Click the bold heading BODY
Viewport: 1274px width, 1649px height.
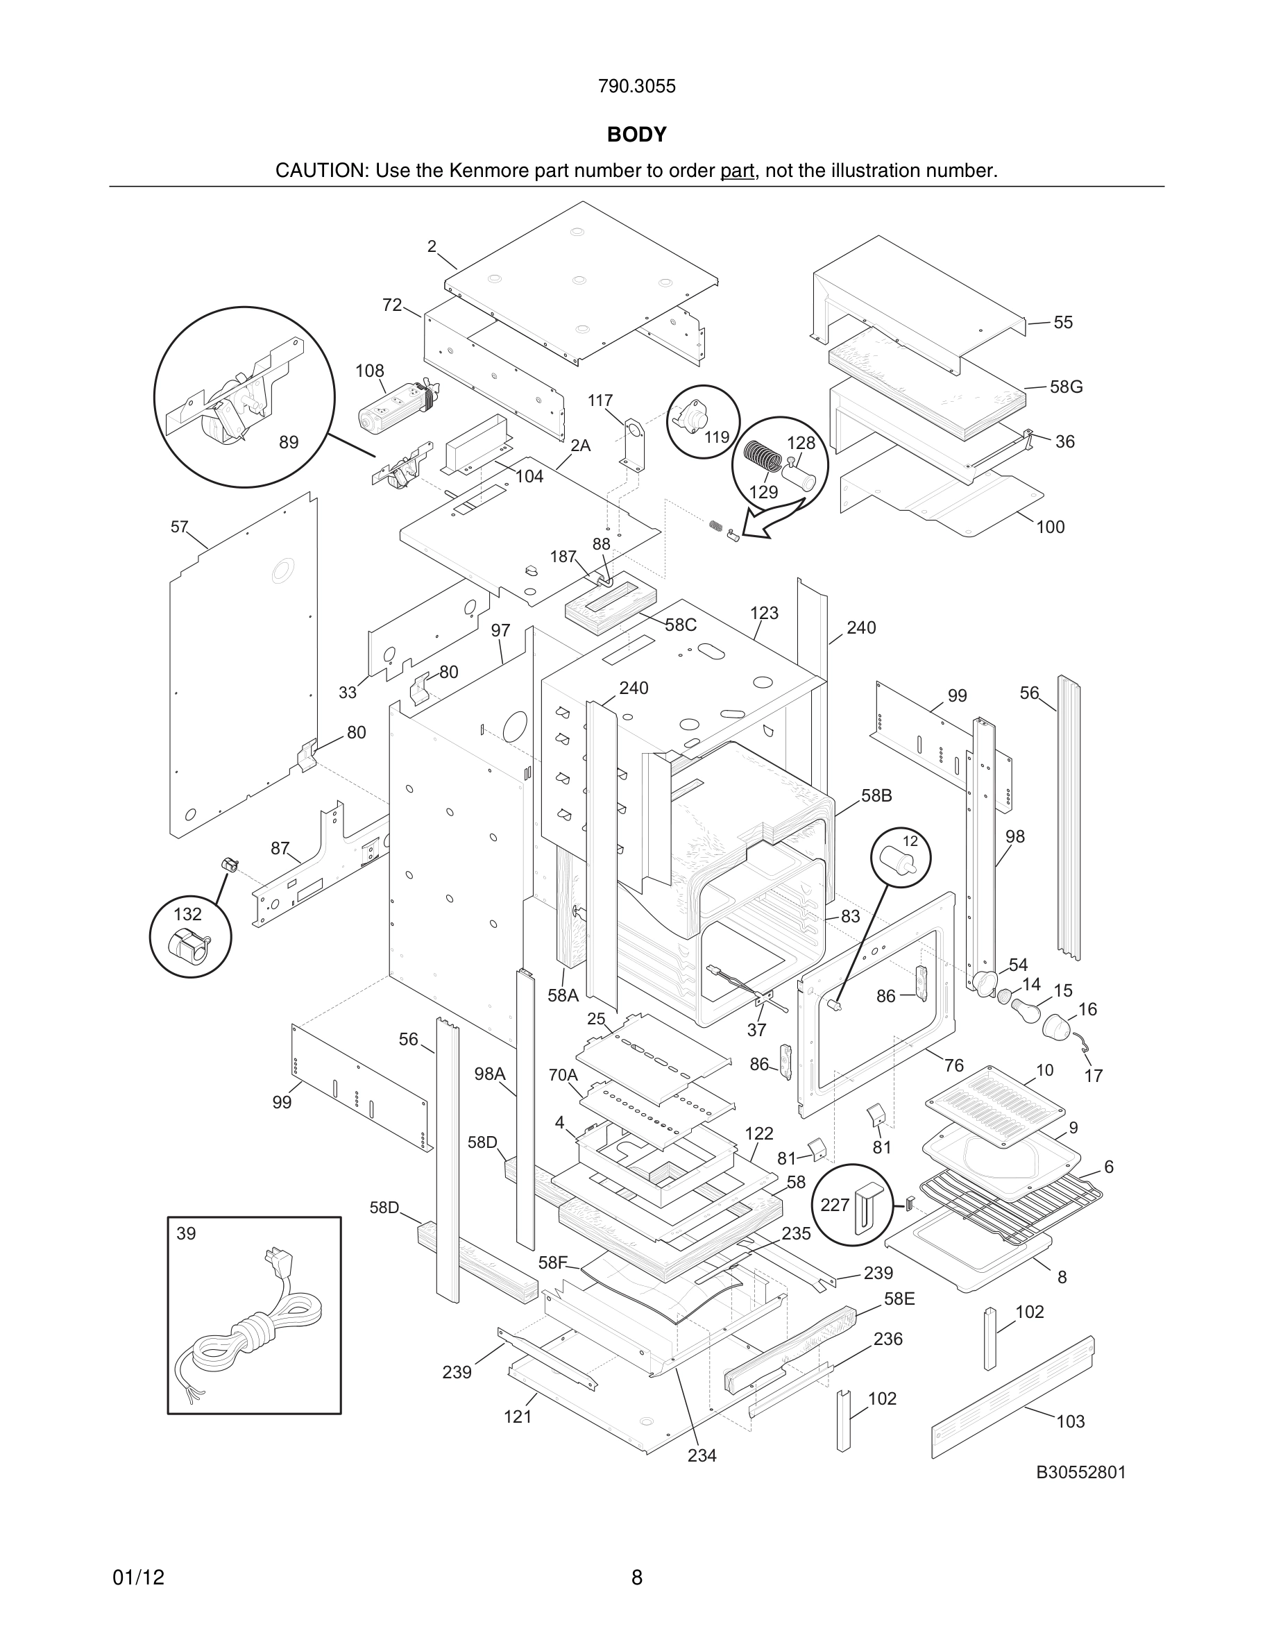click(x=636, y=135)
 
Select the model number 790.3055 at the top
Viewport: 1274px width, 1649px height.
click(x=636, y=86)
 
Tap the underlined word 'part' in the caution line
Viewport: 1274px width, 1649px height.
click(x=737, y=171)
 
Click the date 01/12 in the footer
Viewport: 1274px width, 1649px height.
click(x=138, y=1578)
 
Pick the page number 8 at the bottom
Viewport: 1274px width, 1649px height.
click(x=636, y=1578)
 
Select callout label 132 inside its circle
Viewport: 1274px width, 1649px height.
click(x=187, y=914)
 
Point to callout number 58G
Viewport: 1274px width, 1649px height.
click(x=1066, y=387)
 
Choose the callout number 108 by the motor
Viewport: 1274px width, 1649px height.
click(x=370, y=371)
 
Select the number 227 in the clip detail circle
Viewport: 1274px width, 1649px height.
click(x=835, y=1204)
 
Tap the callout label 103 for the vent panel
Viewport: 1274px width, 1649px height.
click(x=1070, y=1422)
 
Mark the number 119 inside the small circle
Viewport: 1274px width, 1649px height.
click(x=717, y=437)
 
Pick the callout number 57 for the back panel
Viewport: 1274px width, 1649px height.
click(x=179, y=527)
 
